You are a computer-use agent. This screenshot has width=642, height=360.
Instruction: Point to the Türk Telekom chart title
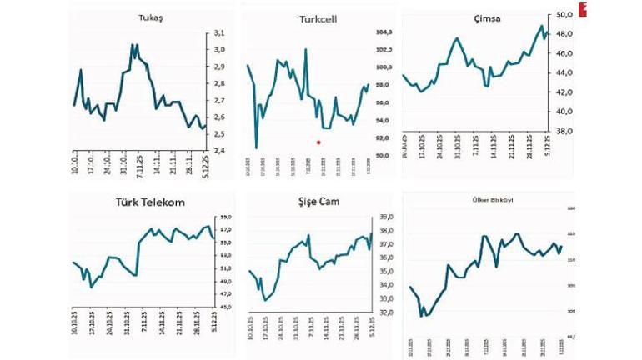click(150, 202)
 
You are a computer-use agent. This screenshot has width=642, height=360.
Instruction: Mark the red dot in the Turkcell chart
click(318, 142)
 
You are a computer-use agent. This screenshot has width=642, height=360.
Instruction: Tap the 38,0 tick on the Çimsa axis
click(564, 131)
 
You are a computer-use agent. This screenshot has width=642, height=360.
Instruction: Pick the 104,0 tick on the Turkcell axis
click(384, 32)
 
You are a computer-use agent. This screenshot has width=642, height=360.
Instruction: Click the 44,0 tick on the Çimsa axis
click(564, 72)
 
